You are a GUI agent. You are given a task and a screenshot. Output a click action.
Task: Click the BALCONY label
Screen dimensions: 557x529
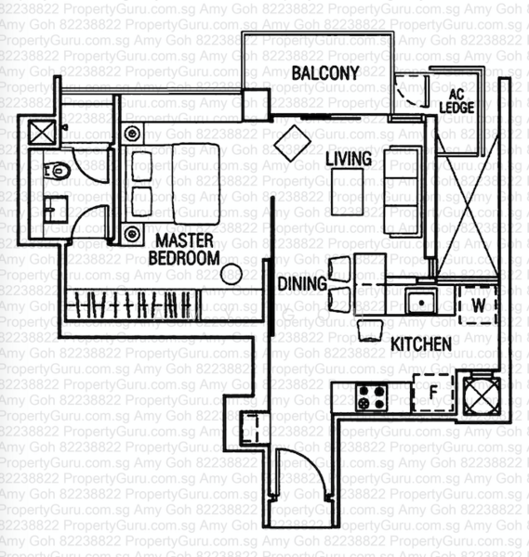(x=324, y=72)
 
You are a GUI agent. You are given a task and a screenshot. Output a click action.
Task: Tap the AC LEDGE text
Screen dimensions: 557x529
(x=460, y=101)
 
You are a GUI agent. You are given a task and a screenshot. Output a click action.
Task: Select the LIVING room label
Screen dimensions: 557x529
(x=349, y=159)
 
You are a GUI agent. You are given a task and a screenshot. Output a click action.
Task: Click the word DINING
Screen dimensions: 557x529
(x=301, y=283)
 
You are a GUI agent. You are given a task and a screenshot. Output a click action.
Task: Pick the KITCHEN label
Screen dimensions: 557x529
(x=420, y=344)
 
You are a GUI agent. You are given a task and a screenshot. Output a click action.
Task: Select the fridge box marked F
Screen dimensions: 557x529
(x=430, y=391)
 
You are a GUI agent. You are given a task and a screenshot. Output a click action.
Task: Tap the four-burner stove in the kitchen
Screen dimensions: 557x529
(x=373, y=398)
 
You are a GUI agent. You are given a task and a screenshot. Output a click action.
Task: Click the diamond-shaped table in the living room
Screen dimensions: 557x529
(x=292, y=144)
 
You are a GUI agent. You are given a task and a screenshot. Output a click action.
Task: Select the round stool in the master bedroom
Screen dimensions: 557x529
(x=231, y=274)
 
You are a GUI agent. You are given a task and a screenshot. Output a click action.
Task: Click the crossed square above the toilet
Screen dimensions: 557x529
(x=43, y=131)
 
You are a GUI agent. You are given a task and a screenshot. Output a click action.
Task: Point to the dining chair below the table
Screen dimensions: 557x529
(x=370, y=330)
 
